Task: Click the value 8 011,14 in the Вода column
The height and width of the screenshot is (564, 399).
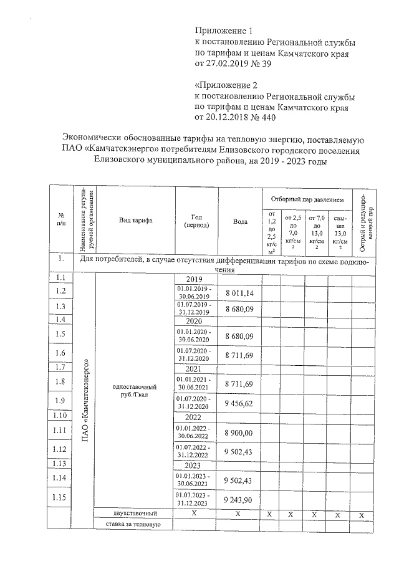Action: [x=240, y=292]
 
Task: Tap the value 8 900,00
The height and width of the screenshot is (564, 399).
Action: [x=240, y=433]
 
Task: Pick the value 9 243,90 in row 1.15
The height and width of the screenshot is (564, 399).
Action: [x=240, y=500]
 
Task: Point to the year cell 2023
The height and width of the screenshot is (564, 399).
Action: [x=193, y=465]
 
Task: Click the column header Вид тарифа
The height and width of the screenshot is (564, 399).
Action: [x=133, y=221]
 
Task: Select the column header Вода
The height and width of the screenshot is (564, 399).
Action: [x=240, y=221]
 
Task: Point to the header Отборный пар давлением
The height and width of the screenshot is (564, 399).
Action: [x=307, y=199]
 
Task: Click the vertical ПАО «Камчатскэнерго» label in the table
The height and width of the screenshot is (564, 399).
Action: [x=85, y=399]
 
